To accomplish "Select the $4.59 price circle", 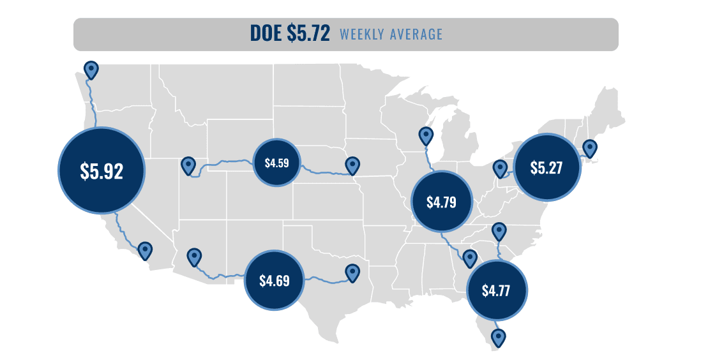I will pos(276,162).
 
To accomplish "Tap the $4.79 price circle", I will pos(441,202).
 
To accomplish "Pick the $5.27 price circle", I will pos(547,167).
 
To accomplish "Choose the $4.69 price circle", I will pos(275,280).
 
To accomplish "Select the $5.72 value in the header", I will pos(308,34).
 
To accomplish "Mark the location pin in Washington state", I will pos(92,69).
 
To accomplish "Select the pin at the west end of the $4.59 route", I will pos(188,165).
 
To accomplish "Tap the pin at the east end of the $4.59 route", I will pos(352,165).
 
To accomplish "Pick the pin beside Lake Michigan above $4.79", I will pos(426,135).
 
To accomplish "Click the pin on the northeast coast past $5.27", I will pos(590,148).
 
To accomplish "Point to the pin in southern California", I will pos(146,250).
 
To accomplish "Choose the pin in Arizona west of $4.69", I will pos(194,257).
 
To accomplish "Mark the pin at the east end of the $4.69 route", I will pos(352,273).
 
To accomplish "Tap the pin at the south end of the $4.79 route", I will pos(471,258).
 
